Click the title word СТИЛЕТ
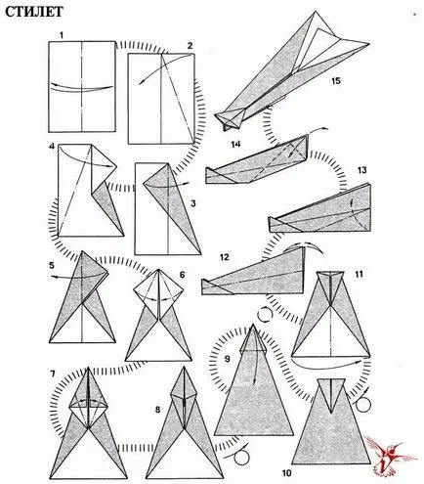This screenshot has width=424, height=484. (34, 12)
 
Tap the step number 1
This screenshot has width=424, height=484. (62, 36)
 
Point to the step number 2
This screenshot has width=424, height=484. (191, 46)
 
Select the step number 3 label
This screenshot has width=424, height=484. (193, 204)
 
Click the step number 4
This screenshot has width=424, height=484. (52, 147)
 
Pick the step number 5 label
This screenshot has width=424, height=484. (52, 265)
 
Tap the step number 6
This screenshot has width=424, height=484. (182, 275)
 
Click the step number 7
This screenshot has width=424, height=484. (53, 374)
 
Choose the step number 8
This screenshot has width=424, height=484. (158, 410)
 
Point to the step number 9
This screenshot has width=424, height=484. (227, 359)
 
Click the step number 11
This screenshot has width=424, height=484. (359, 274)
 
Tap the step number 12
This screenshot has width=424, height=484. (225, 257)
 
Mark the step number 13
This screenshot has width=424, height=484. (361, 170)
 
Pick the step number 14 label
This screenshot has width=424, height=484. (235, 144)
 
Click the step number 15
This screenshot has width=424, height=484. (336, 80)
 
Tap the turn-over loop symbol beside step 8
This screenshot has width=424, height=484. (240, 457)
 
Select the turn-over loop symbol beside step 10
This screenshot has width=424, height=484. (362, 404)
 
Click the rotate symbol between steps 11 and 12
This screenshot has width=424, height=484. (265, 314)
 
